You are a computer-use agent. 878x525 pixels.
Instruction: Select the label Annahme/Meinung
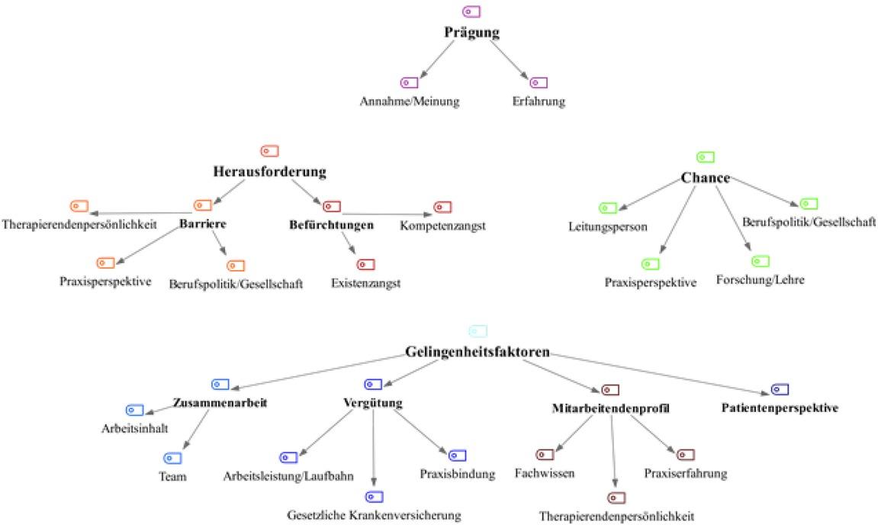410,101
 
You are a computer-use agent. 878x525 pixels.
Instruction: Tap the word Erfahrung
539,101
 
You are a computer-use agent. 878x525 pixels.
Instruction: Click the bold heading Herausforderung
269,172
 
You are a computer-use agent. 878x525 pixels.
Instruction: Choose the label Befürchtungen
331,225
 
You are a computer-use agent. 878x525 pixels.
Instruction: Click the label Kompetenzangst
442,226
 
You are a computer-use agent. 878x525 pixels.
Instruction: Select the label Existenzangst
365,284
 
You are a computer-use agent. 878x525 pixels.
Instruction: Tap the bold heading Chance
705,178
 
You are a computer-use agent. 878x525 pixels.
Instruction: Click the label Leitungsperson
607,227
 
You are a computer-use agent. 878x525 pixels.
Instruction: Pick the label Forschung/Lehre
760,280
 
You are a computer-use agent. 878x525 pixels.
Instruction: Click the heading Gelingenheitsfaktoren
478,353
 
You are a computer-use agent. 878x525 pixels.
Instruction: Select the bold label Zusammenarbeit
220,402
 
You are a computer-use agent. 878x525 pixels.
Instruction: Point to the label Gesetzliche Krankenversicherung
374,515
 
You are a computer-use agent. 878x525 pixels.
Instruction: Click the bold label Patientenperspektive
780,407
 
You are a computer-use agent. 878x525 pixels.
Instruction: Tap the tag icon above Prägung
471,11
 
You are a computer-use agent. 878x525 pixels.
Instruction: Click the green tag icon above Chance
706,157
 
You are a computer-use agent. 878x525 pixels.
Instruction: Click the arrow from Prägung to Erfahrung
509,57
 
